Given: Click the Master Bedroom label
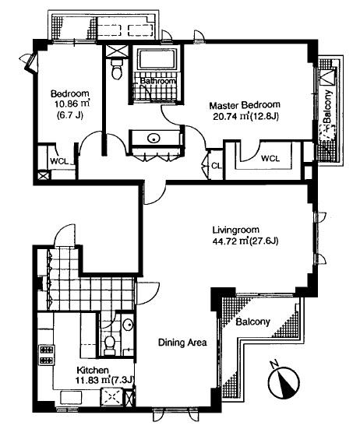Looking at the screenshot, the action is tap(245, 105).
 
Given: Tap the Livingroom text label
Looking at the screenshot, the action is tap(235, 230).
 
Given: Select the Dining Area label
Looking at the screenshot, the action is tap(182, 343).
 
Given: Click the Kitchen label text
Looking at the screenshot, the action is tap(93, 371).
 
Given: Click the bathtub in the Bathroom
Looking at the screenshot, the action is tap(157, 59).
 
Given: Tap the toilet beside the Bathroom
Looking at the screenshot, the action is tap(117, 69).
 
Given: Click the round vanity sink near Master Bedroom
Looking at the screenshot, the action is tap(154, 138).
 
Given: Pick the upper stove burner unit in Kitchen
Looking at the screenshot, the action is tap(46, 350).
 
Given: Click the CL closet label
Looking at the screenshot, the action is tap(217, 166).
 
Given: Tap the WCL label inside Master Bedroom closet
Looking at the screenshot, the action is tap(270, 158).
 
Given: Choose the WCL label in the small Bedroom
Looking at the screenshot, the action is tap(59, 161).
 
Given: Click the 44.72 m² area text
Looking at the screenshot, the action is tap(230, 241).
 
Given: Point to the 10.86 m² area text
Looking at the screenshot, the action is tap(72, 104).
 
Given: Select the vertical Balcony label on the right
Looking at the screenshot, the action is tap(328, 107).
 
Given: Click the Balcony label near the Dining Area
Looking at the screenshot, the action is tap(252, 322).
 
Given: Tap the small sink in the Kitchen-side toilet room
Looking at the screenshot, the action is tap(127, 325).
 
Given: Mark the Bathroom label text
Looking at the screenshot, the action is tap(157, 81).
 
